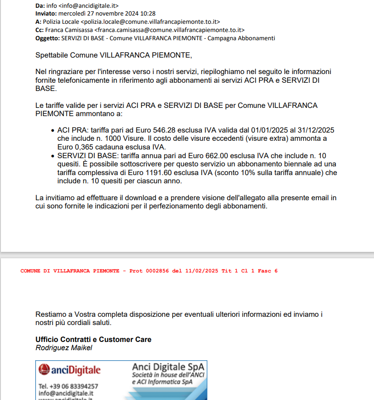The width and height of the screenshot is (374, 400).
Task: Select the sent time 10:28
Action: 147,14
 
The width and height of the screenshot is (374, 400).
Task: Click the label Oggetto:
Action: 47,38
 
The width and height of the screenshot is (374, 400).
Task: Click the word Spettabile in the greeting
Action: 52,55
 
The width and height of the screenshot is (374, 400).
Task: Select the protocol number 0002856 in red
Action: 157,271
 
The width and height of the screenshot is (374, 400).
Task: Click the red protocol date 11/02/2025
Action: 201,271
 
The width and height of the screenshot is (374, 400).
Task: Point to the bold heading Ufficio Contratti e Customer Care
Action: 93,340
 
